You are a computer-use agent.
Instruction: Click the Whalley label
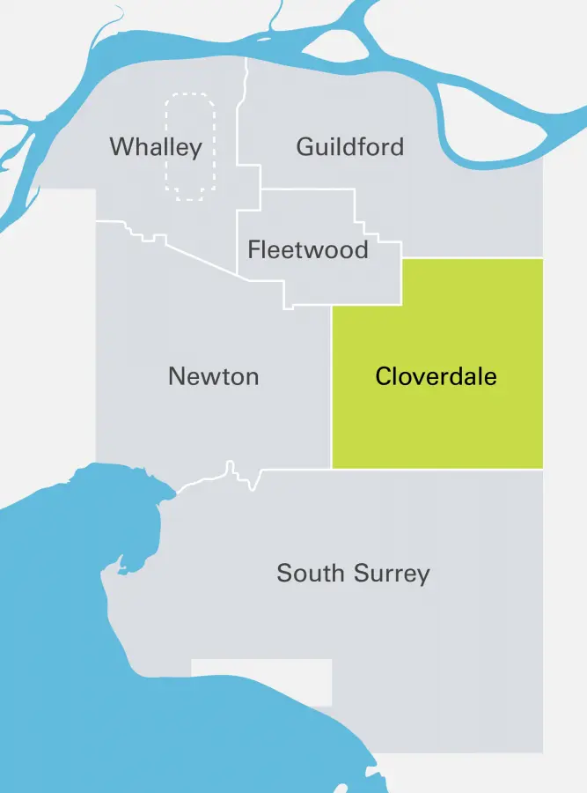click(156, 147)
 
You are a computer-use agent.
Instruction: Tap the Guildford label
click(350, 146)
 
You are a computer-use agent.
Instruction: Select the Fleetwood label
click(308, 249)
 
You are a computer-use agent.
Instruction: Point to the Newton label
click(213, 377)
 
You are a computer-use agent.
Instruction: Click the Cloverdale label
click(436, 377)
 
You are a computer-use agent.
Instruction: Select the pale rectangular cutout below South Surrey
click(261, 682)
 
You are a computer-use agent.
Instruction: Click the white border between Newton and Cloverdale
click(332, 388)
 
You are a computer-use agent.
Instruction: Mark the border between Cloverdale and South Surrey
click(437, 469)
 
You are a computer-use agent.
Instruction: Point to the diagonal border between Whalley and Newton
click(202, 256)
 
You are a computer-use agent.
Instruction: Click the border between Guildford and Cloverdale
click(472, 258)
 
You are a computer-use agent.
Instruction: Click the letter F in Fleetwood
click(253, 249)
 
